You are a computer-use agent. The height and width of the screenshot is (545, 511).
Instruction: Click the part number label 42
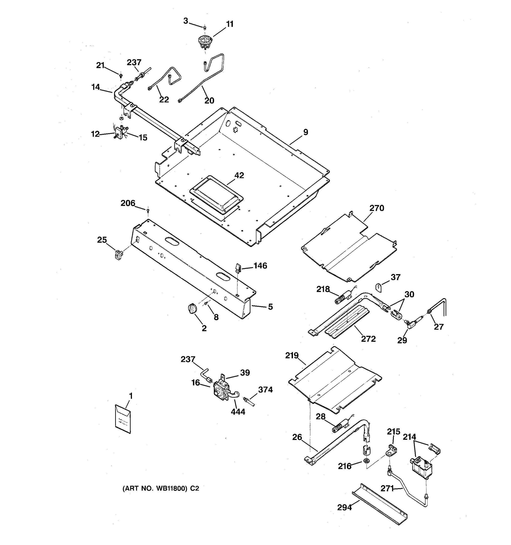point(239,176)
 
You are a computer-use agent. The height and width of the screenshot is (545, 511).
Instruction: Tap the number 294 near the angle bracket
point(344,508)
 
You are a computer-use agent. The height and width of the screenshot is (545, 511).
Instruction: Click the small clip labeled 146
point(238,268)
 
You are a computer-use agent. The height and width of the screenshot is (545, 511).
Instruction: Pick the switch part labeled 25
point(118,255)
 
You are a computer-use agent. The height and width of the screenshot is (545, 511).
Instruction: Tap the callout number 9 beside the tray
point(306,132)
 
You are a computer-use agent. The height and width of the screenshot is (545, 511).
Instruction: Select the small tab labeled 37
point(379,287)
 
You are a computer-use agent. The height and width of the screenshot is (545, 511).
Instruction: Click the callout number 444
point(238,412)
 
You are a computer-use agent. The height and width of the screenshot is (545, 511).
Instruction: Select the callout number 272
point(368,339)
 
